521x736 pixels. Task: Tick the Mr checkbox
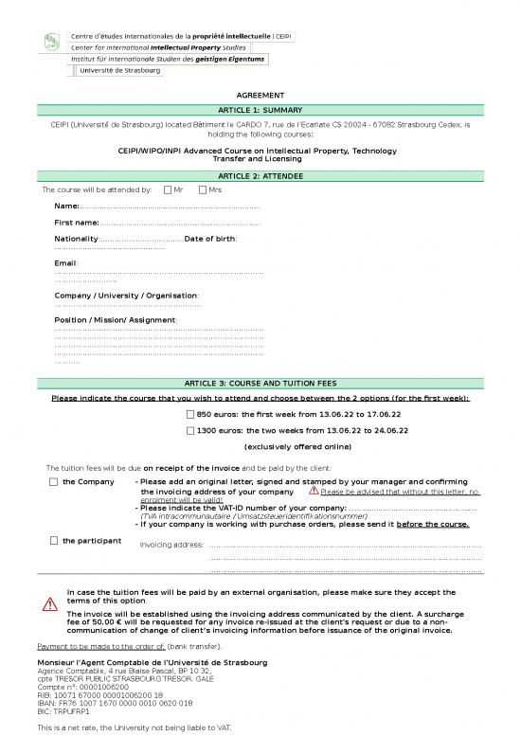click(168, 189)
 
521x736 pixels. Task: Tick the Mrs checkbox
click(203, 189)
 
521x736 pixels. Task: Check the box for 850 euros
click(190, 415)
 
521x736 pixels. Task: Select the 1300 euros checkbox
click(190, 430)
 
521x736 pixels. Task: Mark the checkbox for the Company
click(53, 482)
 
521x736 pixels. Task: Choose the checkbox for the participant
click(53, 541)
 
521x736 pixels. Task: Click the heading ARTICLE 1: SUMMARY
click(260, 110)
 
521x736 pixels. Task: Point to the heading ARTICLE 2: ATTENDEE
click(260, 176)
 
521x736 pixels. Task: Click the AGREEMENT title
click(260, 96)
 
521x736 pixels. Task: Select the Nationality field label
click(76, 239)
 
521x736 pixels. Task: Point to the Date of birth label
click(210, 239)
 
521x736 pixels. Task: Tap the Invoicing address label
click(171, 545)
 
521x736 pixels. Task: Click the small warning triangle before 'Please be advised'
click(313, 492)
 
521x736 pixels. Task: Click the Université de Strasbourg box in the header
click(120, 70)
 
